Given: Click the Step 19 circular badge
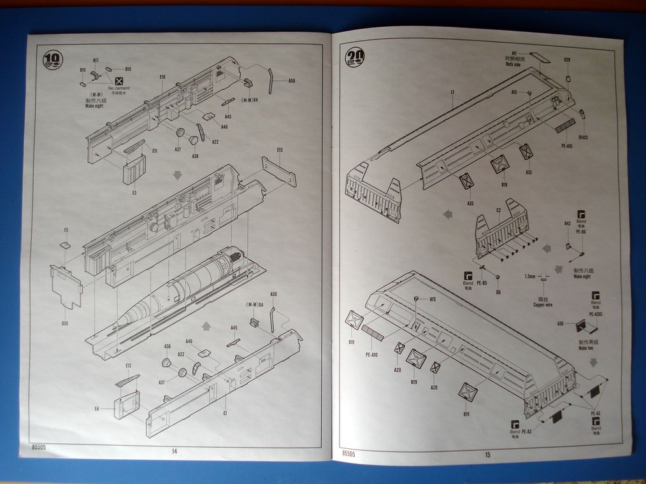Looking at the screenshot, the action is coord(53,61).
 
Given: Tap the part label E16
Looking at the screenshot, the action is coord(162,77).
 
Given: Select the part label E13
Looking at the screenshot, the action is coord(280,150).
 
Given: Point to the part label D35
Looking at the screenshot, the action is coord(64,323).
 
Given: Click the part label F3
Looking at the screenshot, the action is coord(66,229).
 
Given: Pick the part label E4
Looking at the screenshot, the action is coord(97,408).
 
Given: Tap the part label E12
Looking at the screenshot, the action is coord(128,366).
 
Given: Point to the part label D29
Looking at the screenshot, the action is coord(567,60).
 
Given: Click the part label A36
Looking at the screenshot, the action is coord(560,324).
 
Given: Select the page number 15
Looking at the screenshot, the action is coord(487,454).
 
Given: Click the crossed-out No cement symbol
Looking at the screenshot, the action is coord(118,80).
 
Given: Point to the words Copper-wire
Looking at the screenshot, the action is coord(543,305).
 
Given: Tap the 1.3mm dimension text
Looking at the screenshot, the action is coord(529,276).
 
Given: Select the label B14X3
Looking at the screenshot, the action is coord(583,138).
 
